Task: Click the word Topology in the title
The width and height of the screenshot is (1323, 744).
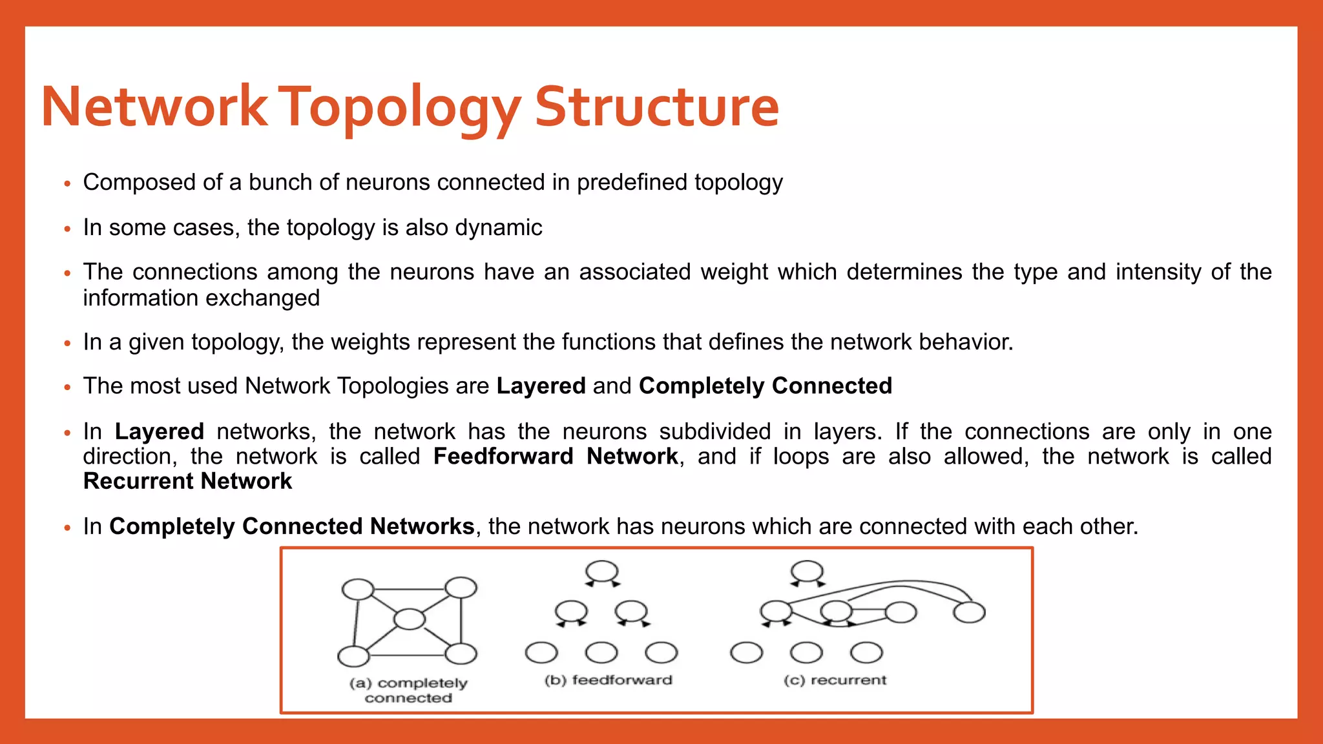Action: tap(401, 107)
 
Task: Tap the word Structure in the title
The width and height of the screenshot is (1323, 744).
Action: tap(657, 107)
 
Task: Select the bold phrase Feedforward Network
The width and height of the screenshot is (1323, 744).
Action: tap(556, 457)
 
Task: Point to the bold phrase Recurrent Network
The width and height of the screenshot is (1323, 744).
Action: tap(187, 481)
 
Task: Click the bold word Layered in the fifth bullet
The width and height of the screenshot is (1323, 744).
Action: tap(541, 386)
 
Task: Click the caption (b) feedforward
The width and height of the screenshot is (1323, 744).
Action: tap(608, 680)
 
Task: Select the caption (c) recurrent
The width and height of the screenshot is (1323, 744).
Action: tap(835, 680)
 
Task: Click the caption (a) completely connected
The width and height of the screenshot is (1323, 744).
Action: tap(408, 690)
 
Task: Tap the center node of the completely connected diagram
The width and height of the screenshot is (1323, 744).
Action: tap(409, 619)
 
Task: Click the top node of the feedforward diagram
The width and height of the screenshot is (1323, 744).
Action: tap(601, 572)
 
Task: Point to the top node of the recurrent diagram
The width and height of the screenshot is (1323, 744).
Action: tap(807, 572)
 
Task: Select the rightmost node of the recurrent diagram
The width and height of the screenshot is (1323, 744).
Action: tap(969, 612)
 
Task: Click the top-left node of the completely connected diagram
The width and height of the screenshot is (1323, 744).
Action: tap(357, 589)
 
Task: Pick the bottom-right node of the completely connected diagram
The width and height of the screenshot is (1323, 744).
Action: tap(461, 654)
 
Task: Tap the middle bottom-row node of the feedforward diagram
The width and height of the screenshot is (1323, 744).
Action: tap(601, 652)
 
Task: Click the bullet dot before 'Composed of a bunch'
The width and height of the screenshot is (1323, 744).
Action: tap(67, 184)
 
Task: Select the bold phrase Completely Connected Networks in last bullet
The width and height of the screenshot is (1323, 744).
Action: tap(292, 526)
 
